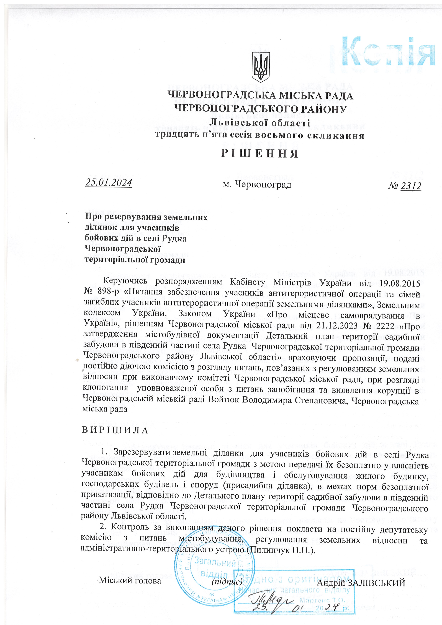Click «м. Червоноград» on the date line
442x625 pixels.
(257, 185)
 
